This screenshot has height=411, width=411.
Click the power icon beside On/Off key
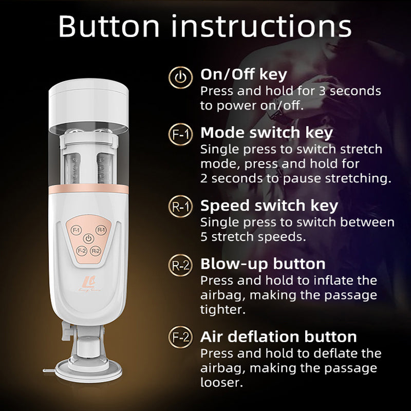(x=181, y=78)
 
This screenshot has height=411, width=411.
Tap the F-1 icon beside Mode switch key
(x=181, y=135)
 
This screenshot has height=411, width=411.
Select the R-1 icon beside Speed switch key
(x=181, y=207)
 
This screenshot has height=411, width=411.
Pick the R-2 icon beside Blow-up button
(x=181, y=265)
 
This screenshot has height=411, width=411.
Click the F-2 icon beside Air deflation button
(x=181, y=337)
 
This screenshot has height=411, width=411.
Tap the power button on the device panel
(x=88, y=239)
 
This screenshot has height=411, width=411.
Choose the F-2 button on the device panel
(x=81, y=251)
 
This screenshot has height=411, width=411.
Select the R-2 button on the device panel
(x=96, y=251)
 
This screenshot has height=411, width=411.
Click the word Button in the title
(x=109, y=27)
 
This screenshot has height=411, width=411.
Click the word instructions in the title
(x=261, y=27)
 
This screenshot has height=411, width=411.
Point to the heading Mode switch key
(x=266, y=133)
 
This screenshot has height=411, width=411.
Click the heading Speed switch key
(x=269, y=206)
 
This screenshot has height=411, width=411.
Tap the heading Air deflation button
(x=278, y=337)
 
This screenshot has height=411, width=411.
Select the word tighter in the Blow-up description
(x=223, y=310)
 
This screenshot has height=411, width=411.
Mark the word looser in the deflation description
(x=222, y=382)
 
